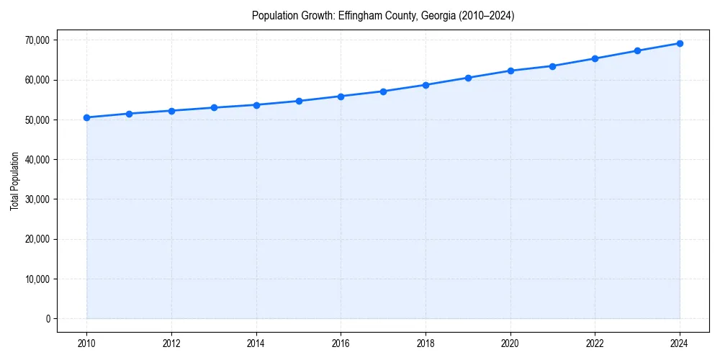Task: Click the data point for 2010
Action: [86, 117]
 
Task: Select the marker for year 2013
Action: [214, 108]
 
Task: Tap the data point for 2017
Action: [383, 91]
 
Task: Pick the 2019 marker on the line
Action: [468, 78]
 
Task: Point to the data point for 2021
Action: [552, 66]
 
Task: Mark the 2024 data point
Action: [680, 43]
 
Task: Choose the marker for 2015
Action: [299, 101]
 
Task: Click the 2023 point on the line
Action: [637, 50]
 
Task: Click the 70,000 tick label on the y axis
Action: [36, 40]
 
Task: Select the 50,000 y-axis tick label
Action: [36, 120]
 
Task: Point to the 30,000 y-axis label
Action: [36, 199]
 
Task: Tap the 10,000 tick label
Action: [36, 279]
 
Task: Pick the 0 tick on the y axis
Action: [48, 319]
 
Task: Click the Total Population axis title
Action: [15, 181]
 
